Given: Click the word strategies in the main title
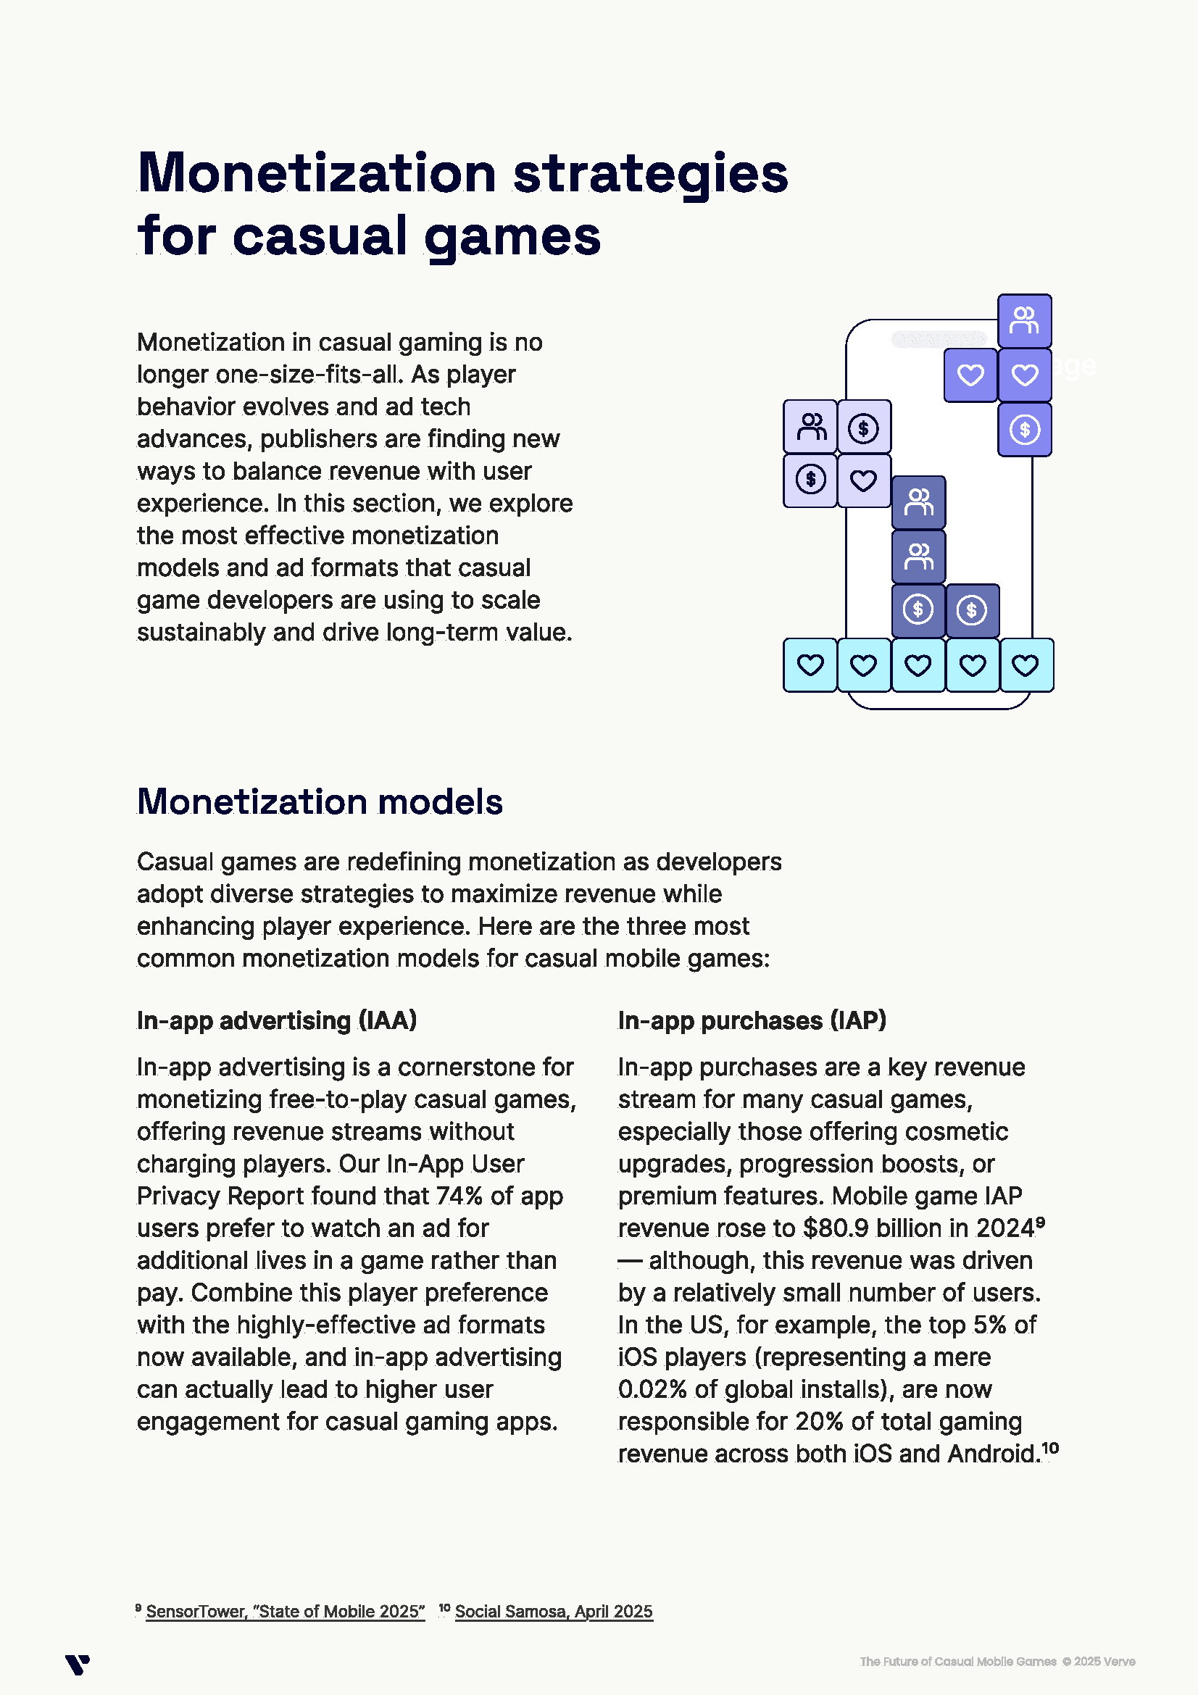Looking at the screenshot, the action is pos(649,174).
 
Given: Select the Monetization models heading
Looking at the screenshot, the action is pos(320,801).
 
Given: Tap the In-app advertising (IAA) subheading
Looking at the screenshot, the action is pos(277,1020).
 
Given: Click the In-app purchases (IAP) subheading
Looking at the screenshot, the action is pos(752,1020).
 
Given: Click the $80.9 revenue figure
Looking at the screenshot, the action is pos(837,1228).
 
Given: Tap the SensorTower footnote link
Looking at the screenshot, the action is pos(285,1612).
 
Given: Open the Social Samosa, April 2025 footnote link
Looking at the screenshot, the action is pos(554,1612).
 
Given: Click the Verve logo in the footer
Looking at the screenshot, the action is pos(77,1665).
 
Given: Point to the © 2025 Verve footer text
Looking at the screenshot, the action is pos(1099,1662).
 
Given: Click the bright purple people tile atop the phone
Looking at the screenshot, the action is pos(1025,321).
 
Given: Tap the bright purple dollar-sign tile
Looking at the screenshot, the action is pos(1025,430).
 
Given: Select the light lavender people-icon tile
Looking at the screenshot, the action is pos(810,427).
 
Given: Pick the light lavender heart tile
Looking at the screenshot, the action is pos(864,480).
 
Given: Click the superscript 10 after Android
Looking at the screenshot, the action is pos(1050,1449).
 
